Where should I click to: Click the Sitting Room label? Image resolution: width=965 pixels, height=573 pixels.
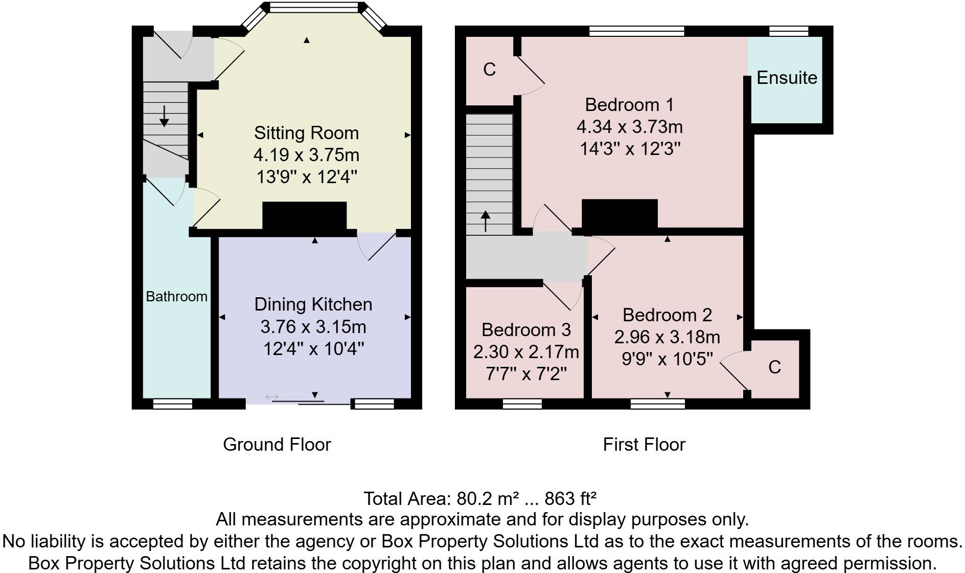coord(306,133)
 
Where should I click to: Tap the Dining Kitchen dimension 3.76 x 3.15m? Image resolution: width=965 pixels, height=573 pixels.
coord(313,326)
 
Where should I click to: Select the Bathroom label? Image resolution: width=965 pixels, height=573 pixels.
coord(176,296)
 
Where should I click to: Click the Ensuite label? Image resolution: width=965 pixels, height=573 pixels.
coord(786,78)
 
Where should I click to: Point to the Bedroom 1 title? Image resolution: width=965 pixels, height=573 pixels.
coord(629,105)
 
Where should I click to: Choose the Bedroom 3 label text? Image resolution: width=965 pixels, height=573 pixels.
coord(526,329)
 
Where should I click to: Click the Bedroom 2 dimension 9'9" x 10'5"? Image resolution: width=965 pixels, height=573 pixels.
coord(667,359)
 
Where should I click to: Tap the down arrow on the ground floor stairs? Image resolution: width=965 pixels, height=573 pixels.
coord(164,116)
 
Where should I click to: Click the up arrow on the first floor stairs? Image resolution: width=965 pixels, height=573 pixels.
coord(485,221)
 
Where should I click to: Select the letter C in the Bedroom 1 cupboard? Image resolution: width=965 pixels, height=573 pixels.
coord(489,69)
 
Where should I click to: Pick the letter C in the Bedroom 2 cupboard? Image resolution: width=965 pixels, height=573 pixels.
coord(774,367)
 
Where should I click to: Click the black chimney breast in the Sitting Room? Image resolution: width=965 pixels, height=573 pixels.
coord(305,216)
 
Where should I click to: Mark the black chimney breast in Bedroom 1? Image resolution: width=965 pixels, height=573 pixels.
coord(619,213)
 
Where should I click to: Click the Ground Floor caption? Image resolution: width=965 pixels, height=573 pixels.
coord(277,444)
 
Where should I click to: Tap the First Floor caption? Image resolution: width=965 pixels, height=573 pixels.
coord(644,444)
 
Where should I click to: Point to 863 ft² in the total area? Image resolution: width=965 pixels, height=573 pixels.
coord(570,498)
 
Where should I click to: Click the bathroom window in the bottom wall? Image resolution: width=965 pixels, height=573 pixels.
coord(173,404)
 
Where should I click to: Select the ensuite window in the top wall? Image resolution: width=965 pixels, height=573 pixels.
coord(789,31)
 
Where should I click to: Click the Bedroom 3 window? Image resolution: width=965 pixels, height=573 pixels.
coord(522,404)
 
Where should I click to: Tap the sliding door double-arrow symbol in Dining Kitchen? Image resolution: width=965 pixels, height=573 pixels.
coord(271,396)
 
